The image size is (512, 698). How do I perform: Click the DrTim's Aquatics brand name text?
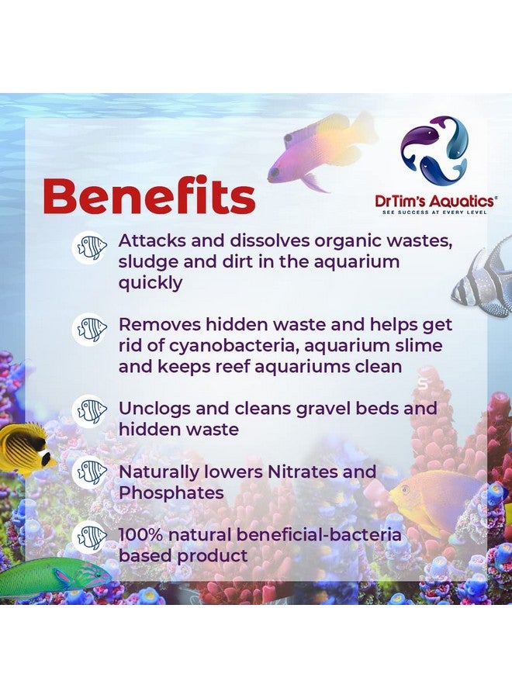[434, 200]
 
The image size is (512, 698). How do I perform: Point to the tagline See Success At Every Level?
[434, 212]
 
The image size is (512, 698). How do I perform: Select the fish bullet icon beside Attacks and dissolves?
[91, 249]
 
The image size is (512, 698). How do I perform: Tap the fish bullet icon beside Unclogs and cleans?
[91, 410]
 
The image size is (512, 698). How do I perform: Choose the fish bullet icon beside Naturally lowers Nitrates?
[91, 472]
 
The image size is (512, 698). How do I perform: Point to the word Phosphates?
[171, 493]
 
